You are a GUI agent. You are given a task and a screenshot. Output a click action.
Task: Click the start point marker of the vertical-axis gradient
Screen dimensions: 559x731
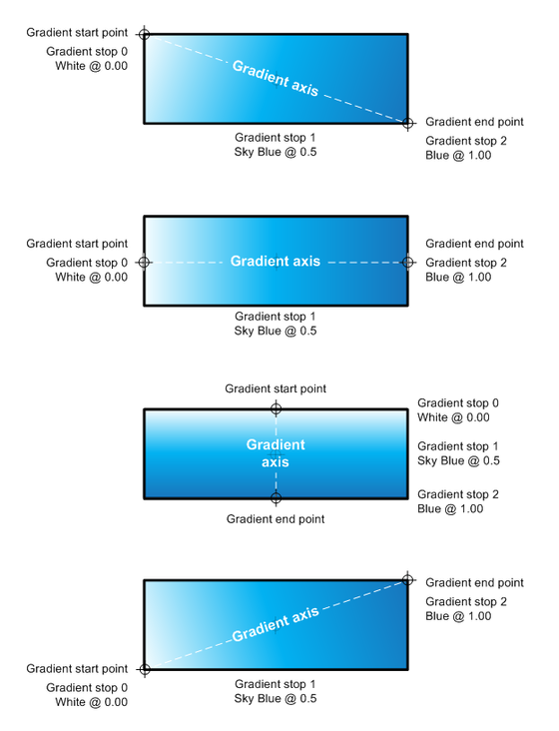[x=276, y=408]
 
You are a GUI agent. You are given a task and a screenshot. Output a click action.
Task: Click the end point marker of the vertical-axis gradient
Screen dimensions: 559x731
[x=276, y=498]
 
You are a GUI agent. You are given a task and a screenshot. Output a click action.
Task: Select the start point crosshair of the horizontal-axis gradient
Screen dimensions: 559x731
[x=144, y=263]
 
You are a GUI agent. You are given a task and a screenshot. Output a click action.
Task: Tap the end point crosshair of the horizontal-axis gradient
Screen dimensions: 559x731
[x=407, y=263]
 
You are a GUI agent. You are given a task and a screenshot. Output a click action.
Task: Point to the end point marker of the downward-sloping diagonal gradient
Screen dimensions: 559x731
[x=407, y=124]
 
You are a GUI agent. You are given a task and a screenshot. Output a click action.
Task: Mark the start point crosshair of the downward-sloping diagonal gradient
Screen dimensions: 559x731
[x=145, y=34]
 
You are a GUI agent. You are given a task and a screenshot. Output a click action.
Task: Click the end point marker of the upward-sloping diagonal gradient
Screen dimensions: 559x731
[x=407, y=580]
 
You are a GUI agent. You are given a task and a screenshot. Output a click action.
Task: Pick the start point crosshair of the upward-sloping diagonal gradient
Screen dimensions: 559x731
[x=145, y=669]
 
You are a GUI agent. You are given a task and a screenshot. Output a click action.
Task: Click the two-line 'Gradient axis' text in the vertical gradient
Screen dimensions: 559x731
[x=276, y=453]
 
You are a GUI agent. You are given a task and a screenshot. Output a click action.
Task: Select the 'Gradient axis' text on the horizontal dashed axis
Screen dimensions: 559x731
[x=276, y=261]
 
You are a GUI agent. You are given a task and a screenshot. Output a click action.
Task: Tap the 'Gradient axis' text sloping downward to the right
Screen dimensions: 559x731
[x=276, y=78]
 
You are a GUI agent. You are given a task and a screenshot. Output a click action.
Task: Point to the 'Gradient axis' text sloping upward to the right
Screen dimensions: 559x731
[x=276, y=624]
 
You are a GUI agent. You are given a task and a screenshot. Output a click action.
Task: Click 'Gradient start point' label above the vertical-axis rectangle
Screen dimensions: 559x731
[x=276, y=388]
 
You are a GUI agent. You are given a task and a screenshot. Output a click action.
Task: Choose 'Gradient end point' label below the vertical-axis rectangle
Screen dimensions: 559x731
[x=276, y=519]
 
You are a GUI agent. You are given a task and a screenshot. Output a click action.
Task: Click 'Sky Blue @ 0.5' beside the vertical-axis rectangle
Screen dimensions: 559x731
[x=458, y=460]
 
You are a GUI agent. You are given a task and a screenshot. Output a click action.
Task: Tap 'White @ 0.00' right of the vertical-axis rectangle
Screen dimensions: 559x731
[x=453, y=417]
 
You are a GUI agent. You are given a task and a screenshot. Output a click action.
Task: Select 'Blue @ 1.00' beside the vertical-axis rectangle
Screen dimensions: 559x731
[x=450, y=508]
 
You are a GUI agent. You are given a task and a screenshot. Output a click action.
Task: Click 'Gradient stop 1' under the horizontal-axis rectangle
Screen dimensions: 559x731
[x=276, y=317]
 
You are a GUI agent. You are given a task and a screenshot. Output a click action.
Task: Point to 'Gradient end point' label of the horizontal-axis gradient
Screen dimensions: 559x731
[x=475, y=244]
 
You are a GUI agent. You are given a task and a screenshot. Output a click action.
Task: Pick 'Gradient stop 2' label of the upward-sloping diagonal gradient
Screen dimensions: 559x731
[x=466, y=602]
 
